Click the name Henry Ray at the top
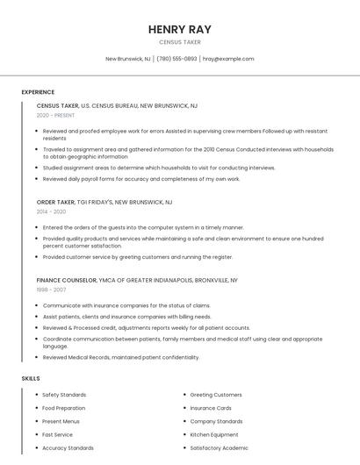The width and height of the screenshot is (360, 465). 179,29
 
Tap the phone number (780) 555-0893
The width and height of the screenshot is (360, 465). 176,59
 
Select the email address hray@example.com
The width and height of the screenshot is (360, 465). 228,59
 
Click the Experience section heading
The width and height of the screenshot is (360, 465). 38,92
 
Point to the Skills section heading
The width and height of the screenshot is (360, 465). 31,378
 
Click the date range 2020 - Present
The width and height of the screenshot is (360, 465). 55,115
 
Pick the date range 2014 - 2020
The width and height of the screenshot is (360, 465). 51,211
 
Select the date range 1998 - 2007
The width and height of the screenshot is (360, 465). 51,290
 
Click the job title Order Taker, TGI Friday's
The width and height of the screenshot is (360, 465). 104,202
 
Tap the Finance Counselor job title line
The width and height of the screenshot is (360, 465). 137,280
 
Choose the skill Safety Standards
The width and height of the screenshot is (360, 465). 64,395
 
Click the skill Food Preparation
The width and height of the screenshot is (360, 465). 64,408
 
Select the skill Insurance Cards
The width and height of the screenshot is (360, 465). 211,408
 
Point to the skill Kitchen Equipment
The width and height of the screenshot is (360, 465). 214,434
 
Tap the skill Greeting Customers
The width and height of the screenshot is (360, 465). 216,395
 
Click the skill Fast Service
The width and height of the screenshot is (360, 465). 58,434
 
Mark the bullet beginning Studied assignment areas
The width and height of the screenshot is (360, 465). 147,168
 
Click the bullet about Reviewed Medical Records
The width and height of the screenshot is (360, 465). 121,357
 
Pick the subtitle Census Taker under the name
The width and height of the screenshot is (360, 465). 179,42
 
